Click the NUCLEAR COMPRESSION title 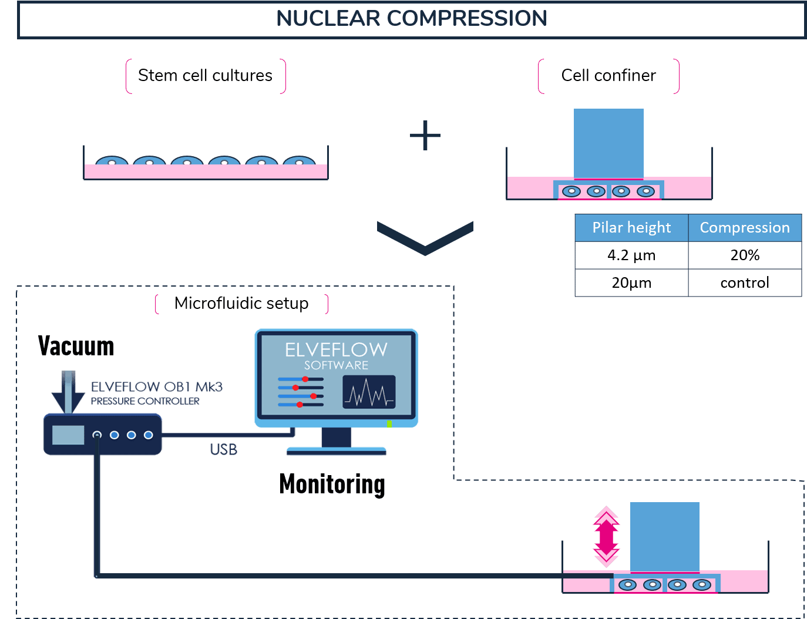click(x=411, y=19)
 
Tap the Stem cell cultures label click(x=205, y=76)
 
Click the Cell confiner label click(x=608, y=76)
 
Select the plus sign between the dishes click(x=425, y=136)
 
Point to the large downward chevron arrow click(x=425, y=238)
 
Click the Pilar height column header click(x=631, y=227)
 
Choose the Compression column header click(x=745, y=227)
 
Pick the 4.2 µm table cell click(x=631, y=255)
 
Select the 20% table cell click(x=745, y=255)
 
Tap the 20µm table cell click(x=631, y=282)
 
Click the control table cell click(x=745, y=282)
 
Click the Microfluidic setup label click(x=241, y=303)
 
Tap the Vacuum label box click(x=104, y=348)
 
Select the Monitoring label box click(x=332, y=485)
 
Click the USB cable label click(x=223, y=449)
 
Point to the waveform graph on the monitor click(x=369, y=392)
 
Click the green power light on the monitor click(x=389, y=423)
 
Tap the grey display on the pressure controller click(x=68, y=435)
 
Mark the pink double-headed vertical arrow click(x=606, y=536)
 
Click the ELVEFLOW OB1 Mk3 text click(x=157, y=387)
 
